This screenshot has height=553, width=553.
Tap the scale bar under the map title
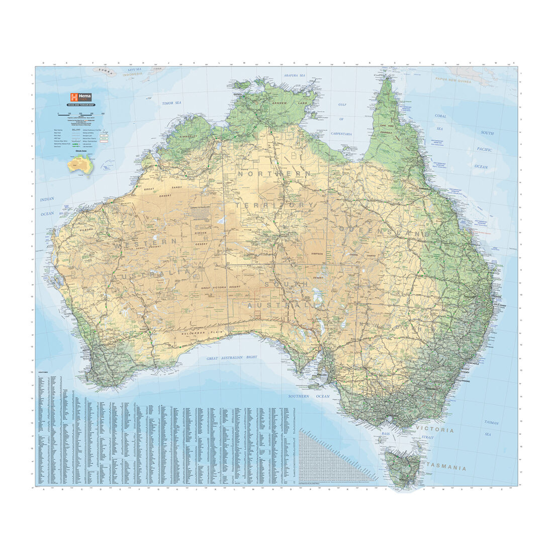[x=81, y=114]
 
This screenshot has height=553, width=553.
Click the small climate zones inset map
[x=81, y=164]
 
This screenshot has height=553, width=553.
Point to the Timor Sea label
[x=171, y=103]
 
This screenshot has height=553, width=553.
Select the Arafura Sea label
[x=295, y=75]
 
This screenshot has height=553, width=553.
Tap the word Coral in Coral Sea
[x=440, y=116]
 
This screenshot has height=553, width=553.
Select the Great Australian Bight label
[x=231, y=358]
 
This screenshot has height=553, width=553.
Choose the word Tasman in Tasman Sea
[x=491, y=423]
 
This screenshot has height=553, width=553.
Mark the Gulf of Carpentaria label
[x=342, y=119]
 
